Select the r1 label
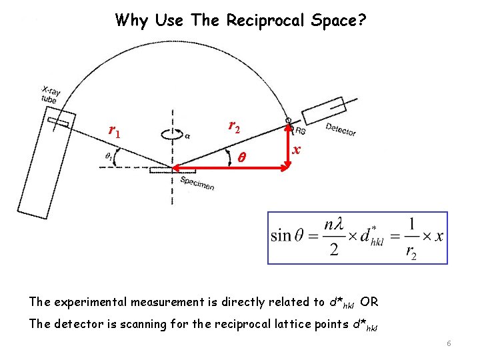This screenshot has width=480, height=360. tap(115, 130)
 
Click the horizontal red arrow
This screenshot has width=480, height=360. tap(230, 167)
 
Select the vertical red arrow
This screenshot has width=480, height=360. tap(289, 146)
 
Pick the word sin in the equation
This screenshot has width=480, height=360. tap(281, 236)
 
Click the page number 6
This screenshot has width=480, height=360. tap(449, 343)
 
